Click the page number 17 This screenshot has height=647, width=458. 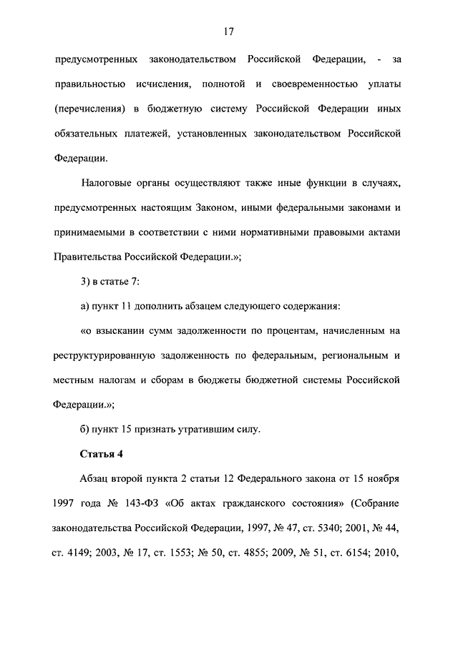229,31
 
